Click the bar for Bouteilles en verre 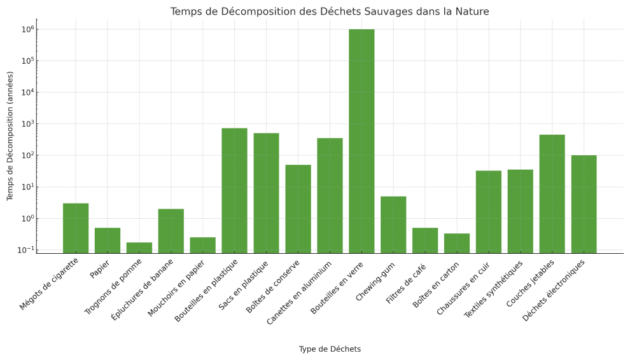pyautogui.click(x=361, y=141)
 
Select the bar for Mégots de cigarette pyautogui.click(x=76, y=228)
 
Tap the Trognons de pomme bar pyautogui.click(x=139, y=247)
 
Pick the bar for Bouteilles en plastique pyautogui.click(x=234, y=191)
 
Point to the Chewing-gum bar pyautogui.click(x=393, y=225)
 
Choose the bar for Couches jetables pyautogui.click(x=552, y=194)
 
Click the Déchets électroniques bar pyautogui.click(x=584, y=204)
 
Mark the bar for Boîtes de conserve pyautogui.click(x=298, y=209)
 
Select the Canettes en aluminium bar pyautogui.click(x=330, y=195)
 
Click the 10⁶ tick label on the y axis pyautogui.click(x=26, y=29)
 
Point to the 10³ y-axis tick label pyautogui.click(x=26, y=124)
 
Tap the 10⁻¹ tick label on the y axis pyautogui.click(x=25, y=250)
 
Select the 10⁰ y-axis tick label pyautogui.click(x=26, y=218)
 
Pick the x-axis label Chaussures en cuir pyautogui.click(x=464, y=286)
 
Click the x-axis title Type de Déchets pyautogui.click(x=330, y=349)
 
